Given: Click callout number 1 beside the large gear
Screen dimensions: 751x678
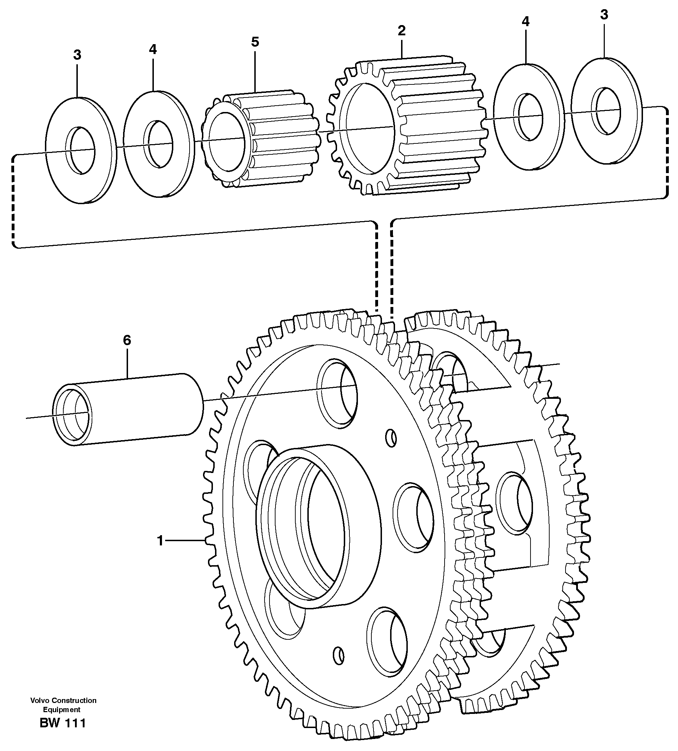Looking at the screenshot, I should (160, 540).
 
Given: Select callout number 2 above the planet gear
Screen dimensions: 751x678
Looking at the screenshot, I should (401, 30).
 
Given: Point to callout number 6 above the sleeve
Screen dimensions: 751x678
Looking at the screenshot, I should (127, 340).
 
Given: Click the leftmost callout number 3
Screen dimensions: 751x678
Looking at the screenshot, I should (77, 55).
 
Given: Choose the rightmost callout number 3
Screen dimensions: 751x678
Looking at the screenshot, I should (604, 14).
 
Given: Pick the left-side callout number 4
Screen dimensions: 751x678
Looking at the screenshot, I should (153, 49).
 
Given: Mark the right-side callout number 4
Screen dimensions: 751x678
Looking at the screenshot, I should (525, 22).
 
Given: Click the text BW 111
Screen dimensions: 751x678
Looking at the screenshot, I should (63, 723).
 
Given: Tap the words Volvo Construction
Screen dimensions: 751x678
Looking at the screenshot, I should (63, 700).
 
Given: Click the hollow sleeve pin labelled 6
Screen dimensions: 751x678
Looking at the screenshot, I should (128, 409).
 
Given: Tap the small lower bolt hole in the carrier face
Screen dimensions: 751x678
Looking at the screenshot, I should (338, 666).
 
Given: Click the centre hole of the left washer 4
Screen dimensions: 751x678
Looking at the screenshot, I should (158, 143).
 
